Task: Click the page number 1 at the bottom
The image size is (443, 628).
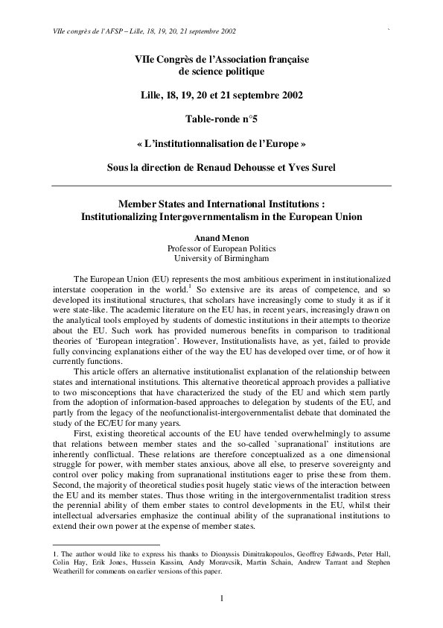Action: tap(222, 598)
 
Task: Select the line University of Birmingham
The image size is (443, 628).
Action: tap(221, 258)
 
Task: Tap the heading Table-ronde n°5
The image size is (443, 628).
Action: tap(221, 118)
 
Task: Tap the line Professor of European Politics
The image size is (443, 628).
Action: tap(221, 248)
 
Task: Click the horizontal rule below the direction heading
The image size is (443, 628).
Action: tap(221, 185)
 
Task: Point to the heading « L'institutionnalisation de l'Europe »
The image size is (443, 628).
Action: tap(221, 141)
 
